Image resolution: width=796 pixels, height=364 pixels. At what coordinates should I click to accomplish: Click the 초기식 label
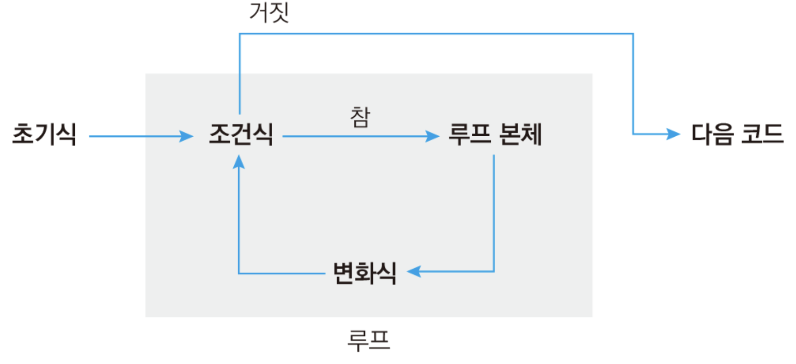click(x=44, y=134)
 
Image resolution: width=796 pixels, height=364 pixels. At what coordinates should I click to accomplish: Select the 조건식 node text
click(x=241, y=134)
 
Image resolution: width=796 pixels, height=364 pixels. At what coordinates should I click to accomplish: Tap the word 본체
click(x=520, y=134)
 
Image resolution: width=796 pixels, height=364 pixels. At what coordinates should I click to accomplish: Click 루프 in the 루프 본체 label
click(x=469, y=134)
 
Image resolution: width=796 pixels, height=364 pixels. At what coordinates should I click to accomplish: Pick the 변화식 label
click(x=365, y=273)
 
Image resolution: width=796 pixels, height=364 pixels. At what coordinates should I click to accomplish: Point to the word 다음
click(x=712, y=134)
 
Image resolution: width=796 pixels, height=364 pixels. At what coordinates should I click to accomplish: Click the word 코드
click(x=762, y=134)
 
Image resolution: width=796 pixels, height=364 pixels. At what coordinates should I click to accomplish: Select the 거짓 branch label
click(x=269, y=13)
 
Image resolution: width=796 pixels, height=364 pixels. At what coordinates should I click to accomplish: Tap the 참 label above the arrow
click(x=360, y=117)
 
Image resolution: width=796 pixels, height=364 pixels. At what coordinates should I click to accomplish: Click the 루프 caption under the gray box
click(x=368, y=340)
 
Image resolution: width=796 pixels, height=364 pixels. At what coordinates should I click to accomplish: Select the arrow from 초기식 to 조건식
click(x=141, y=136)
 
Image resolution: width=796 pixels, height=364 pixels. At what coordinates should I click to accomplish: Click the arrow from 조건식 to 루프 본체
click(x=360, y=136)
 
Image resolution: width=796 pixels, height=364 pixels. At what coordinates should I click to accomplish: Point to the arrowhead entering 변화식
click(x=414, y=272)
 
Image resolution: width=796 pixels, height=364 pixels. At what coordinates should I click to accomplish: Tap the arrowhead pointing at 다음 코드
click(x=674, y=134)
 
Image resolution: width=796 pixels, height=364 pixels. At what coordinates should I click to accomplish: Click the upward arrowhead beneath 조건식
click(x=239, y=162)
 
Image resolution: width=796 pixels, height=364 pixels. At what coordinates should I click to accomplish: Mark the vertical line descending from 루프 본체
click(x=494, y=214)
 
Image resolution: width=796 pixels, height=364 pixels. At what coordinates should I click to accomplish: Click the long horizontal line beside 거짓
click(x=437, y=34)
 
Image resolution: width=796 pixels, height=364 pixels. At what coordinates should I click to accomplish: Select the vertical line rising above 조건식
click(x=240, y=73)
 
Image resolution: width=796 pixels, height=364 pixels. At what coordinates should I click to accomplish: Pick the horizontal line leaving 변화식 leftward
click(x=282, y=273)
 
